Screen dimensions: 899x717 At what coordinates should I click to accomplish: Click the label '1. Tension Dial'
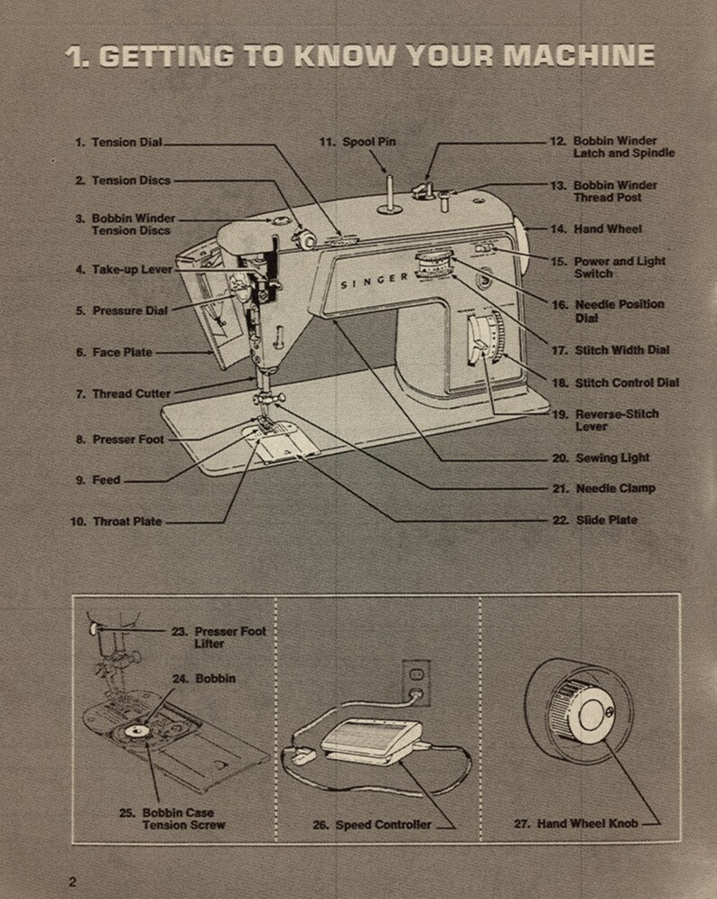[x=117, y=143]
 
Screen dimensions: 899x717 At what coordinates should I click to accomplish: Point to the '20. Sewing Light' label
[x=601, y=458]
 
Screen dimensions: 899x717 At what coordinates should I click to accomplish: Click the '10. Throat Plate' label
[x=116, y=522]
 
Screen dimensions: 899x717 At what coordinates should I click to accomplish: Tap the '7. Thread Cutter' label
[x=122, y=394]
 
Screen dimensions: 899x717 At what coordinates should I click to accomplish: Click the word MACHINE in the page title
[x=578, y=56]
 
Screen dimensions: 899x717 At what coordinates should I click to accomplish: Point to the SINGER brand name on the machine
[x=374, y=281]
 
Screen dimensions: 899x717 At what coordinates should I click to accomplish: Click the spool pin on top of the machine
[x=389, y=194]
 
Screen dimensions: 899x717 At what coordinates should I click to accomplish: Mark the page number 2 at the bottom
[x=72, y=881]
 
